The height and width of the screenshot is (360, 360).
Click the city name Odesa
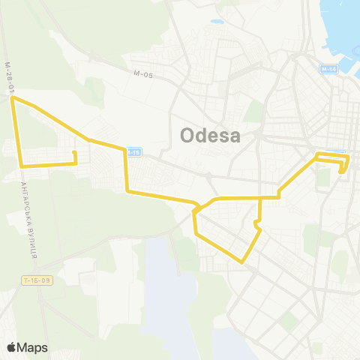point(211,136)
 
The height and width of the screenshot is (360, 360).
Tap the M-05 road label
point(143,73)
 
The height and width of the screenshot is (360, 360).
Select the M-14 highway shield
point(329,69)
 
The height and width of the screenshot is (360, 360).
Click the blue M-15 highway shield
point(133,152)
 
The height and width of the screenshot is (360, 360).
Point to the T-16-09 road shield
point(36,280)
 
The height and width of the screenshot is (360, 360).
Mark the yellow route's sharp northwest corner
point(13,98)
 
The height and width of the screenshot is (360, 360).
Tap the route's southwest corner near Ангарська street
point(22,165)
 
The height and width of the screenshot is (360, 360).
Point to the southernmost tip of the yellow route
point(241,262)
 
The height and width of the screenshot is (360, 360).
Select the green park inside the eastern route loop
point(324,177)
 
